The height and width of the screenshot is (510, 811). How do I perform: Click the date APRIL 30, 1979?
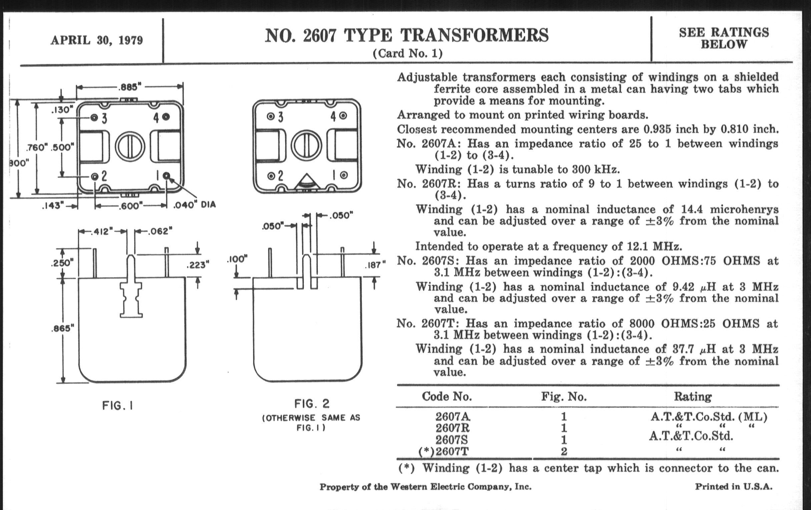97,40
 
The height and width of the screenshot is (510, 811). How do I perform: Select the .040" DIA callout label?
194,205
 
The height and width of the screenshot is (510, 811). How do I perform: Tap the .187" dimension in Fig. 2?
375,265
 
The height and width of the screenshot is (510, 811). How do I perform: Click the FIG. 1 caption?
117,406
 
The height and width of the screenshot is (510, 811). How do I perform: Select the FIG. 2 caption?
312,403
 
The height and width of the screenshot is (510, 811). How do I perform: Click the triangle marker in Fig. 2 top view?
306,182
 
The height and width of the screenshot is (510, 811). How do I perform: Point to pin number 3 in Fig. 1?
104,118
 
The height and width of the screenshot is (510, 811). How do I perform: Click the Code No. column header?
447,397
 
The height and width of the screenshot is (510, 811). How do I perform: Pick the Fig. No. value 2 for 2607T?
564,451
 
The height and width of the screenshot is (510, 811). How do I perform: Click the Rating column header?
692,397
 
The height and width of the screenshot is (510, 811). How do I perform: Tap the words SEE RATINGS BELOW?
724,38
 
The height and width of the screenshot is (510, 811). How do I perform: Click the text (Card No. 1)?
407,54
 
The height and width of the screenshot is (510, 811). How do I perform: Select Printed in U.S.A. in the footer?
734,487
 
